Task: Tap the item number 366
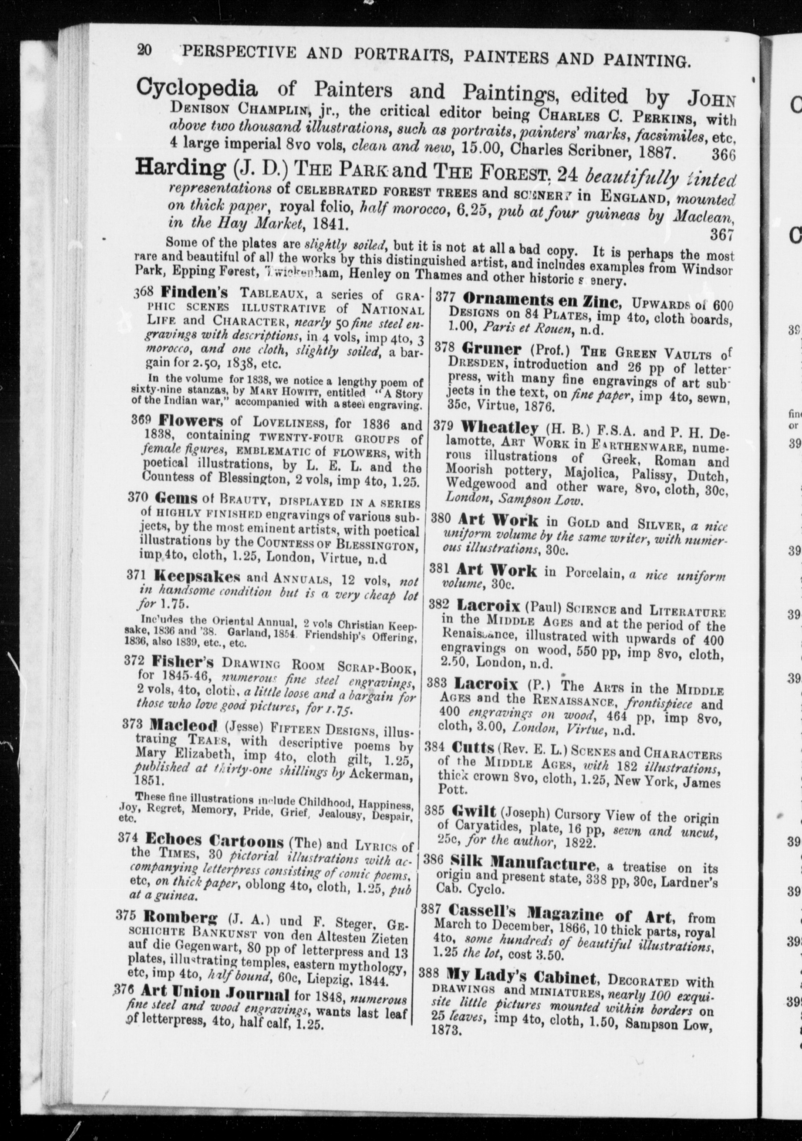pos(723,155)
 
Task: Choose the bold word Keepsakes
pos(197,577)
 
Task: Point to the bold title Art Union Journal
pos(215,980)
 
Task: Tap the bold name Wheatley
pos(499,427)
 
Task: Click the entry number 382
pos(439,605)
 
